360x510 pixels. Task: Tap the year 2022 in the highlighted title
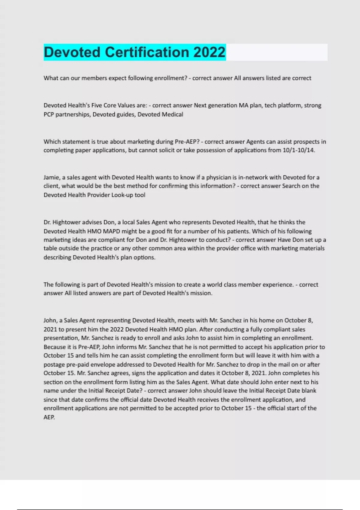click(x=209, y=52)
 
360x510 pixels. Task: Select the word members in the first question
click(x=94, y=78)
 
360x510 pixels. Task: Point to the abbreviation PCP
click(x=49, y=114)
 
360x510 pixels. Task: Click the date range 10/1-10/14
click(x=299, y=150)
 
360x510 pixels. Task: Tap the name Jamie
click(x=51, y=177)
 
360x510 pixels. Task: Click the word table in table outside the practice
click(x=50, y=248)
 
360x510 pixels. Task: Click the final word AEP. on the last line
click(x=49, y=417)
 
